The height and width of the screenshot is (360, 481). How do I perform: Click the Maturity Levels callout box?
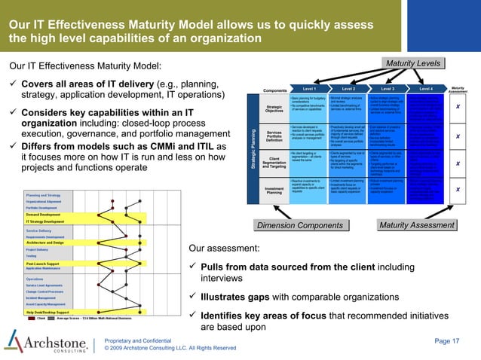point(414,63)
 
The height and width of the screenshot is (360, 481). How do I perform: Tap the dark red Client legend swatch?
point(31,319)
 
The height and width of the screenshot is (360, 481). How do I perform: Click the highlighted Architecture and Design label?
point(51,242)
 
